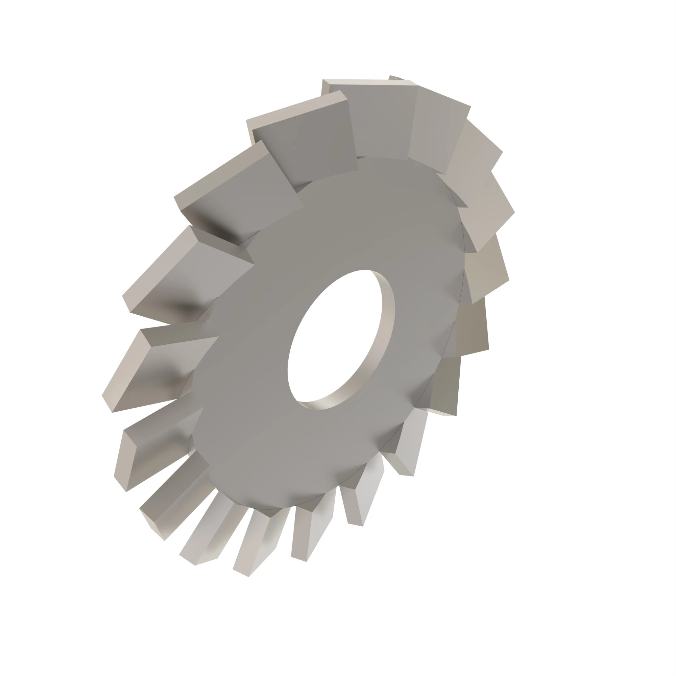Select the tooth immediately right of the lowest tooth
tap(308, 535)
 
